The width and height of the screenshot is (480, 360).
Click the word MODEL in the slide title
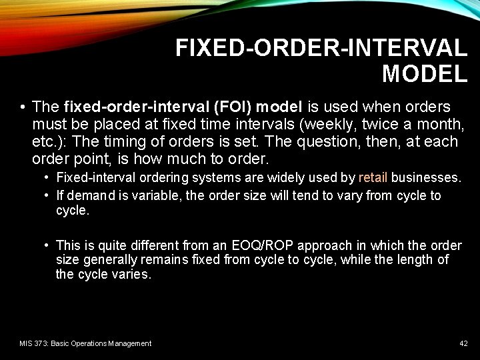(x=425, y=74)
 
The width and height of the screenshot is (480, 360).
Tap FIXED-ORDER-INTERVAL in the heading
(x=321, y=48)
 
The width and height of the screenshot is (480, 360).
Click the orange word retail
(x=373, y=178)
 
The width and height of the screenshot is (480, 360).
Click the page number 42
(x=463, y=343)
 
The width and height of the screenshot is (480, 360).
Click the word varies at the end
(x=133, y=275)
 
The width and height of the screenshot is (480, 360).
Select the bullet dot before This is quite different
(x=47, y=245)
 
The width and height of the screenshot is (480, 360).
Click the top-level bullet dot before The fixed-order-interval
(x=23, y=107)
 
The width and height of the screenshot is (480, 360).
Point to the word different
(x=148, y=245)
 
